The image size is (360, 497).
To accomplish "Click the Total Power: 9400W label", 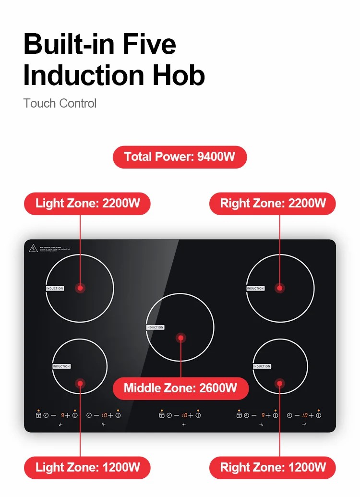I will [180, 157].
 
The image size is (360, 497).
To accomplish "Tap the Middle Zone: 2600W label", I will [180, 388].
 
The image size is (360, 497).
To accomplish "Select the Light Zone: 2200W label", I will [87, 203].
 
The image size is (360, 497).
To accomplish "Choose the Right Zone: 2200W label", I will [273, 203].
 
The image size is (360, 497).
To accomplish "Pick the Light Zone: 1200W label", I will [87, 467].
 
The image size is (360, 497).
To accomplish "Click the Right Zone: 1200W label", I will [273, 467].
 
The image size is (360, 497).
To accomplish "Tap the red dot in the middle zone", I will [181, 338].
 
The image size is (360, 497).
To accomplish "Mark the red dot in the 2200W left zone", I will [81, 288].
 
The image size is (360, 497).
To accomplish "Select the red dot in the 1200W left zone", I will [80, 383].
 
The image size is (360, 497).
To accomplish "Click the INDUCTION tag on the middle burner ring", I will [155, 327].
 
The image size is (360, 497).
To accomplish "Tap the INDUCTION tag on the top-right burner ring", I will [255, 288].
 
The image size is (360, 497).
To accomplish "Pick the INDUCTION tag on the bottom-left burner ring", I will [61, 366].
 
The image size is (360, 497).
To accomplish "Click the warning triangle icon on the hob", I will [33, 248].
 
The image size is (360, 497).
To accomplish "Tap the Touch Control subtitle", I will [60, 103].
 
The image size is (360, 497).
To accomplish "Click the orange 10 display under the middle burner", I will [184, 415].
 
